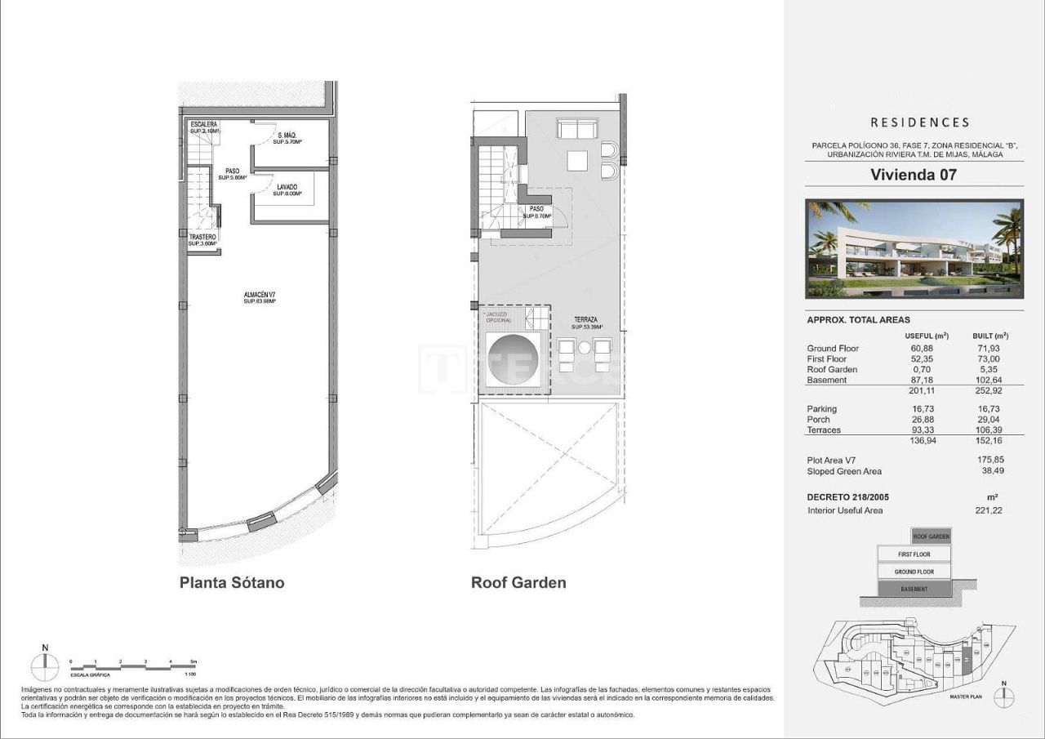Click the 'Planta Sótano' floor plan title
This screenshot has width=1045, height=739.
coord(232,583)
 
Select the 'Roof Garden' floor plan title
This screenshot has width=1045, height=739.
coord(518,583)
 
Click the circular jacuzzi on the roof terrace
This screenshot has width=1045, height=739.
coord(511,360)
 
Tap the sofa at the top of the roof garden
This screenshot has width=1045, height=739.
coord(578,129)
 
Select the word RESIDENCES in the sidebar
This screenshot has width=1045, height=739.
coord(919,122)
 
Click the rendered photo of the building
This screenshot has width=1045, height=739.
coord(914,249)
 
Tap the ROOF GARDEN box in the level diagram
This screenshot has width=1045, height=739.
coord(931,536)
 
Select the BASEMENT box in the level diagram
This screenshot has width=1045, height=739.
coord(914,589)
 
